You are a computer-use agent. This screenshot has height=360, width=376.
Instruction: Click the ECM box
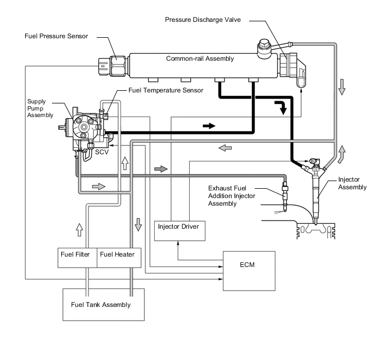pyautogui.click(x=249, y=271)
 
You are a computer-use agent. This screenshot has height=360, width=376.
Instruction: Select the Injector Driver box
pyautogui.click(x=180, y=231)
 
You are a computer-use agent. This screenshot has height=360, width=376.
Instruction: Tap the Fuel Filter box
pyautogui.click(x=77, y=258)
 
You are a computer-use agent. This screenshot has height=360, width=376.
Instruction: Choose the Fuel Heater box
pyautogui.click(x=119, y=258)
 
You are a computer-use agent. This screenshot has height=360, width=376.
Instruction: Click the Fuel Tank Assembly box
pyautogui.click(x=104, y=305)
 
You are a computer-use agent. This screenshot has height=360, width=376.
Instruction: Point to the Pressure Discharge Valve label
pyautogui.click(x=203, y=20)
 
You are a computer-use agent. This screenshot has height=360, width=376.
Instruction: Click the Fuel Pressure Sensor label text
pyautogui.click(x=56, y=36)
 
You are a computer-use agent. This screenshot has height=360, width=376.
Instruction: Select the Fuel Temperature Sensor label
pyautogui.click(x=166, y=90)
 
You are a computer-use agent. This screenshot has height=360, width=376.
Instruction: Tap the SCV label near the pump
pyautogui.click(x=102, y=152)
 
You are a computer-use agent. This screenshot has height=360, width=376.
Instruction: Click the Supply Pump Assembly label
pyautogui.click(x=40, y=108)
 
